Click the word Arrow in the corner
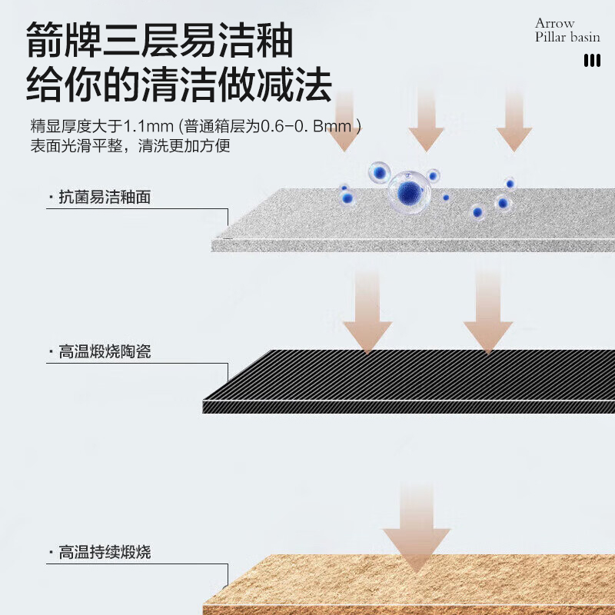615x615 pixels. pyautogui.click(x=554, y=23)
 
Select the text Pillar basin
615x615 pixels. pyautogui.click(x=567, y=37)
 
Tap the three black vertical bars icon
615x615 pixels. pyautogui.click(x=592, y=61)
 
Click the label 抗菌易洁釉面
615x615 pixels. pyautogui.click(x=105, y=198)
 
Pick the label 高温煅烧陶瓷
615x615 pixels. pyautogui.click(x=105, y=352)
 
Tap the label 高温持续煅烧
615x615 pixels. pyautogui.click(x=105, y=552)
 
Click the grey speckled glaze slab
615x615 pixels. pyautogui.click(x=415, y=223)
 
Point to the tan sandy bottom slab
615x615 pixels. pyautogui.click(x=415, y=588)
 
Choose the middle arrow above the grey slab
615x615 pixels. pyautogui.click(x=426, y=123)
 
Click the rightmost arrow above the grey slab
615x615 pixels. pyautogui.click(x=514, y=123)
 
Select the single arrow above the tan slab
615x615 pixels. pyautogui.click(x=416, y=530)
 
